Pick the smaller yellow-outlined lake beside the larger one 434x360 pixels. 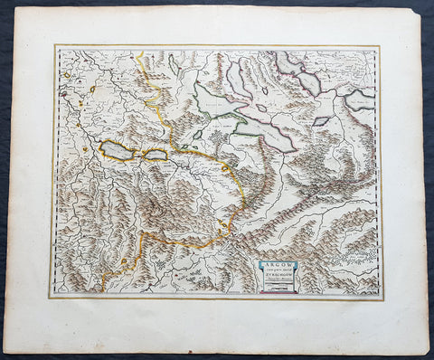(156, 156)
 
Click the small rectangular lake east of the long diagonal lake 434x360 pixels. (321, 120)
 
